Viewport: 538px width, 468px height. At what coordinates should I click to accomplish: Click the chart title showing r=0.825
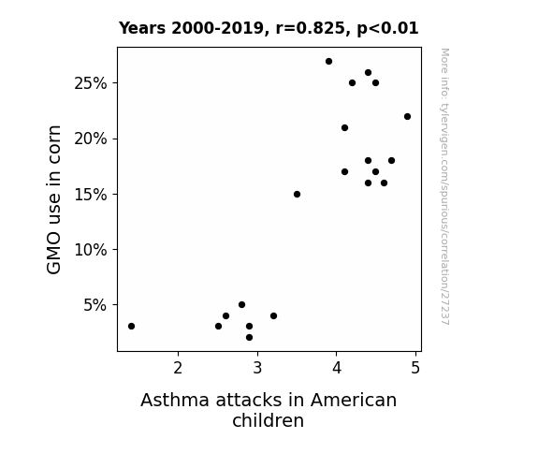tap(269, 28)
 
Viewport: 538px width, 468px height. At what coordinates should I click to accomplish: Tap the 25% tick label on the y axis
tap(90, 83)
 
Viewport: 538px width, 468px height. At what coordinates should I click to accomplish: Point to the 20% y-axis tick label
tap(90, 139)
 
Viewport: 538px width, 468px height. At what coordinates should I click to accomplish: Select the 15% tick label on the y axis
tap(90, 195)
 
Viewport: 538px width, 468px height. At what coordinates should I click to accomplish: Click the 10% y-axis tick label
tap(90, 250)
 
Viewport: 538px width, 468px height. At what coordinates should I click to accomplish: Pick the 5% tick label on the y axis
tap(95, 305)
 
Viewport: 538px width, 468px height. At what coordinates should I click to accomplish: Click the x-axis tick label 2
tap(178, 368)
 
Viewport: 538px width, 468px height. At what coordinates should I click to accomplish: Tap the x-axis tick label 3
tap(257, 368)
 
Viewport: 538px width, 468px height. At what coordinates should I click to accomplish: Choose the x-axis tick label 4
tap(337, 368)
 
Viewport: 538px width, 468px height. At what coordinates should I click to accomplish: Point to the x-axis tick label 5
tap(415, 368)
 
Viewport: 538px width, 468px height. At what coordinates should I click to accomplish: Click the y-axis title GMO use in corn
tap(54, 199)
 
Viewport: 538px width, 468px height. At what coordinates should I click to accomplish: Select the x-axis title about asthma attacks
tap(269, 410)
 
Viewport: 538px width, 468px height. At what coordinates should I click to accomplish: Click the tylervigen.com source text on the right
tap(444, 186)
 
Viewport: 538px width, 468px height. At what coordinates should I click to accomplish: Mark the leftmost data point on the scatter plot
tap(131, 326)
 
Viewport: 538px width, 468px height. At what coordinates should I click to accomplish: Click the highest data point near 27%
tap(328, 62)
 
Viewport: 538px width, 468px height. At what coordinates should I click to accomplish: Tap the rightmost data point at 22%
tap(407, 117)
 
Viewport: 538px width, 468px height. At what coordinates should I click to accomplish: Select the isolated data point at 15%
tap(298, 195)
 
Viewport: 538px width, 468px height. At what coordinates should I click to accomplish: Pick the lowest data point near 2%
tap(250, 338)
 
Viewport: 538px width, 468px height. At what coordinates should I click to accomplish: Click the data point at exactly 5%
tap(242, 305)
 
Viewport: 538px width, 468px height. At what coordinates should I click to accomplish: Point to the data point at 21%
tap(345, 127)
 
